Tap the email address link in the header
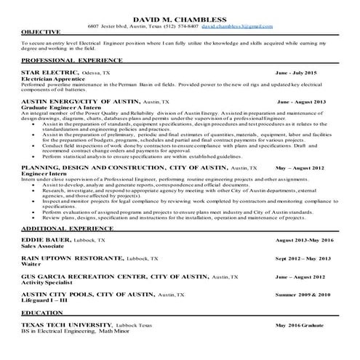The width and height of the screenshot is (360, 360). pyautogui.click(x=237, y=26)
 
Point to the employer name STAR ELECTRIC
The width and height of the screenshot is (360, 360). pyautogui.click(x=49, y=73)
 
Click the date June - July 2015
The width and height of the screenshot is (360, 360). pyautogui.click(x=297, y=73)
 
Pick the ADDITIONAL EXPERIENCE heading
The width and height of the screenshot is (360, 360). pyautogui.click(x=64, y=229)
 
